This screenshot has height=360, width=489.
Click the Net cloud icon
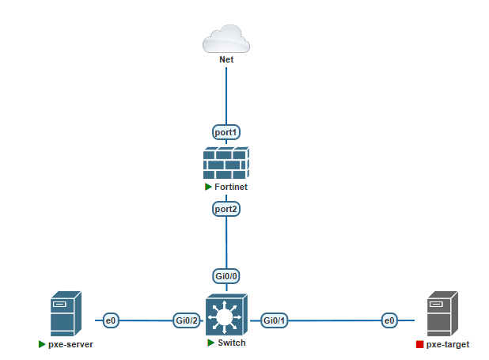pos(226,39)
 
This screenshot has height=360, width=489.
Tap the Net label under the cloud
pos(226,59)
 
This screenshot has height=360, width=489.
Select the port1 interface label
pos(226,132)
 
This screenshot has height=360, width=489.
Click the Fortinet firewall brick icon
pos(226,162)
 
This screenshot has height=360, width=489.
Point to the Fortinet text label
pos(231,187)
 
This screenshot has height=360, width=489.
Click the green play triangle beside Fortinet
pos(208,187)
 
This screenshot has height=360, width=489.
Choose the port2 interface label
pos(226,209)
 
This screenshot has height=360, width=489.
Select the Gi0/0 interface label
pos(226,276)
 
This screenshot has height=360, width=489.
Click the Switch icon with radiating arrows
pos(226,315)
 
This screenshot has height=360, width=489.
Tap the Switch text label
pos(232,343)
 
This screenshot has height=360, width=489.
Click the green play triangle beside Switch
pos(210,343)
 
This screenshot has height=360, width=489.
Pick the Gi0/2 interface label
pos(187,320)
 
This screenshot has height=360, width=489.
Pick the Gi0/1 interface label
pos(274,320)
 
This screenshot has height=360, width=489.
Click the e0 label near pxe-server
pos(111,320)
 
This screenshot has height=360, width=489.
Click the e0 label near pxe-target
pos(389,320)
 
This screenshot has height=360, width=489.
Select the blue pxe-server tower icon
pos(66,313)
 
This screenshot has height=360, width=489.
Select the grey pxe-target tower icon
pos(442,313)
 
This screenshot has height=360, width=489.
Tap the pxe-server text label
pos(70,344)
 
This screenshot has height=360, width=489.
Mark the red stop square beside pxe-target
pos(420,344)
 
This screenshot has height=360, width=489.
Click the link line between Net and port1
pos(226,96)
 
